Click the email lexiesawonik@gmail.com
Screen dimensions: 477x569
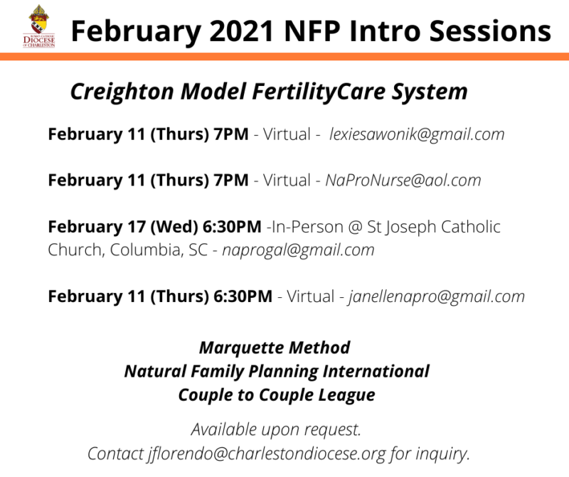pos(417,134)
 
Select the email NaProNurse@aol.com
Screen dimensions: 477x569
pos(403,181)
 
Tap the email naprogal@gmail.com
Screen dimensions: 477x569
pos(298,250)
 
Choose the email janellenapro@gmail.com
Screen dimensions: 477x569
pos(436,296)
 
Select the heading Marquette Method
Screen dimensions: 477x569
pos(275,348)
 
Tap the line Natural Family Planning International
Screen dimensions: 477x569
pos(277,371)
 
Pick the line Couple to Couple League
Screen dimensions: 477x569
pos(277,395)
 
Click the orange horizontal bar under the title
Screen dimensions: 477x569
pos(284,56)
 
